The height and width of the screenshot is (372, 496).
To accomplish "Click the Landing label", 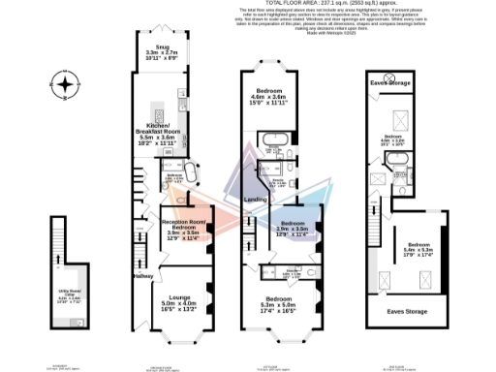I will click(x=256, y=200).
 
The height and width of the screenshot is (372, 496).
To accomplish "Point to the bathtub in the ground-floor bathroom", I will click(x=191, y=177).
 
